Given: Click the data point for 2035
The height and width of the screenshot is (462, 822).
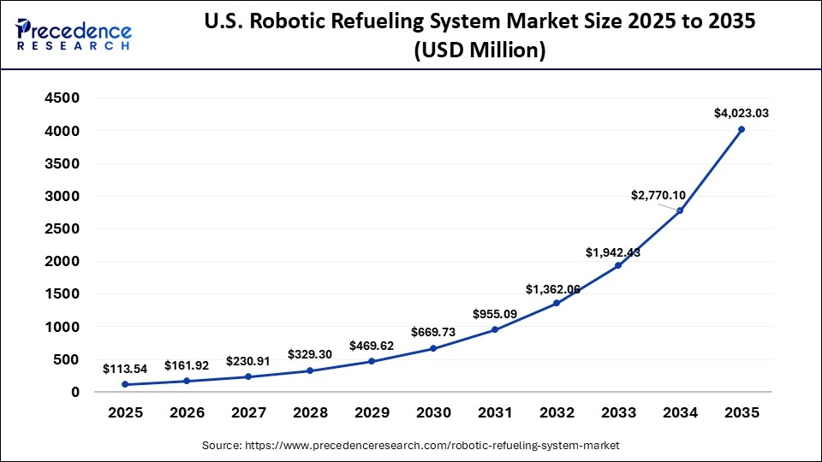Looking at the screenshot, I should [742, 129].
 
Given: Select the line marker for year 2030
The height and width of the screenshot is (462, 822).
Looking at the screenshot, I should [433, 348].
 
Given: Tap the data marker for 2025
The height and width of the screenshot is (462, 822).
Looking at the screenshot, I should [125, 384].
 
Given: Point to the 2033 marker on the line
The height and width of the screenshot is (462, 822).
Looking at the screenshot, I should [618, 265].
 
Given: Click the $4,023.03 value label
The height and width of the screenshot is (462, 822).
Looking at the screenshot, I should [742, 113].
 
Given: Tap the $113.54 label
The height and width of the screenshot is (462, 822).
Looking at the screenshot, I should [125, 369].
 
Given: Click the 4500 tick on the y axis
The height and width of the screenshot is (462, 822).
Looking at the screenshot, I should [62, 98].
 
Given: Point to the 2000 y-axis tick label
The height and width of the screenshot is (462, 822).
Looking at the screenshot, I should [62, 262].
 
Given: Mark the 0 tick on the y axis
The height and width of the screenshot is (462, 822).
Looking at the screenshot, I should [75, 392].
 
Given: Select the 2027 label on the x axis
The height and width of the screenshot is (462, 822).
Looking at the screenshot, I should [248, 413].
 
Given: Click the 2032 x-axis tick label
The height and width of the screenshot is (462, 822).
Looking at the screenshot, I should [557, 413].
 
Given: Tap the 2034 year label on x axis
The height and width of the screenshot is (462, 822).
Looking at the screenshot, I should [680, 413].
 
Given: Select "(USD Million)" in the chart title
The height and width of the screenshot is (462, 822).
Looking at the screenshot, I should [479, 50].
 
